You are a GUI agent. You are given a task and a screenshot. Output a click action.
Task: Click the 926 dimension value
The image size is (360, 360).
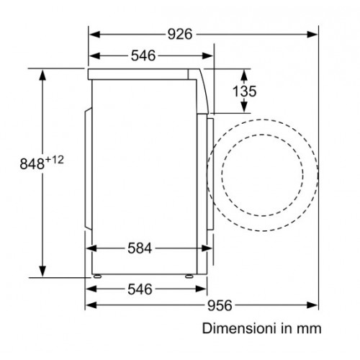180,35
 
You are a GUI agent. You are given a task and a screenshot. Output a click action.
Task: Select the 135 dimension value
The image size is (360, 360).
245,91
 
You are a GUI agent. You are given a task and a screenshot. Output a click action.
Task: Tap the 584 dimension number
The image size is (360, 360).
140,248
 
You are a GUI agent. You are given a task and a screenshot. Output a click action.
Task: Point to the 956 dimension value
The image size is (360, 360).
220,305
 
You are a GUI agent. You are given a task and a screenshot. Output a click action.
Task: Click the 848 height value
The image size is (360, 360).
32,164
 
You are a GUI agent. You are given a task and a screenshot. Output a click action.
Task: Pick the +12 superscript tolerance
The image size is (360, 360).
55,160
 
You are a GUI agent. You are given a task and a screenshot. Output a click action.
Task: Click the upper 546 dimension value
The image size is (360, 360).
143,55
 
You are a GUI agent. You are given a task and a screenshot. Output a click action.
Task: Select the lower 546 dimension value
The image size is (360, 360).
140,289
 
